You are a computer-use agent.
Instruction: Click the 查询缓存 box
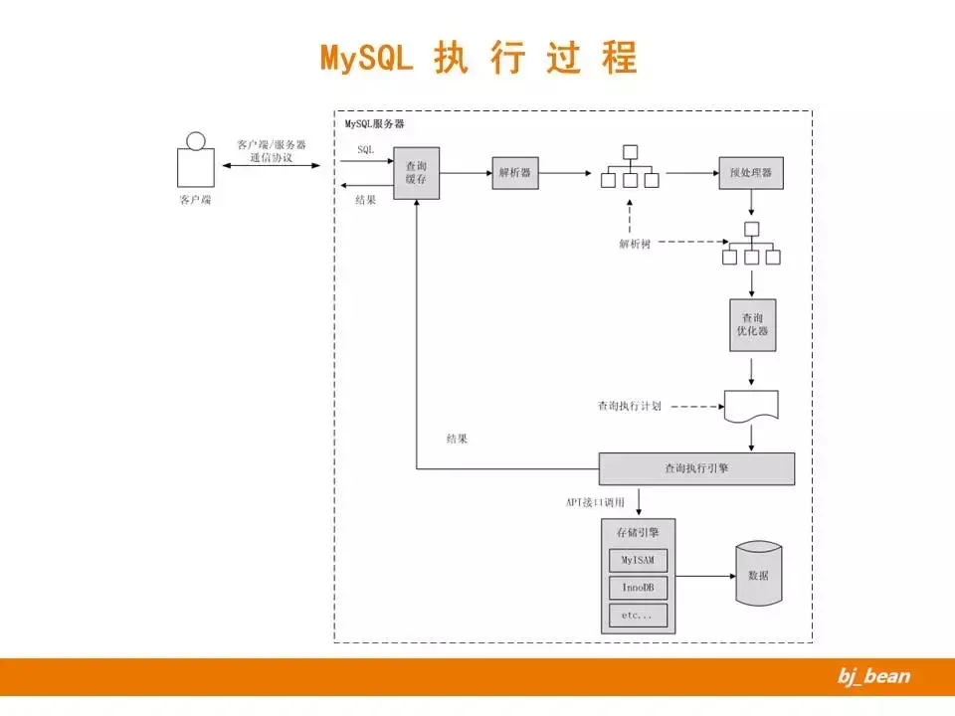point(416,173)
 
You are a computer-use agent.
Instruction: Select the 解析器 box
point(515,173)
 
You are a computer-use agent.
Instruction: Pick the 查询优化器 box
point(752,324)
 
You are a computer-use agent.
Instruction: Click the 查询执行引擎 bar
point(696,467)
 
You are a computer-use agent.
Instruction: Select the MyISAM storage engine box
point(638,559)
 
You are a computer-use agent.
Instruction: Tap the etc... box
point(638,616)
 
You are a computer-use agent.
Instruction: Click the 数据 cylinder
point(758,575)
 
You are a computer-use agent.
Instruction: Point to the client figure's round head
point(196,141)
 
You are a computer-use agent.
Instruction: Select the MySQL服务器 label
point(375,124)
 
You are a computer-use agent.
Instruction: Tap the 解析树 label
point(634,244)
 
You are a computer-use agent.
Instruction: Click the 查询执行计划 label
point(630,406)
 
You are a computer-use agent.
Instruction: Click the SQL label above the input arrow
point(365,148)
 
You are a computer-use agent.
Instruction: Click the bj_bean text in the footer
point(873,677)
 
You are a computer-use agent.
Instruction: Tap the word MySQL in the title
point(366,57)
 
